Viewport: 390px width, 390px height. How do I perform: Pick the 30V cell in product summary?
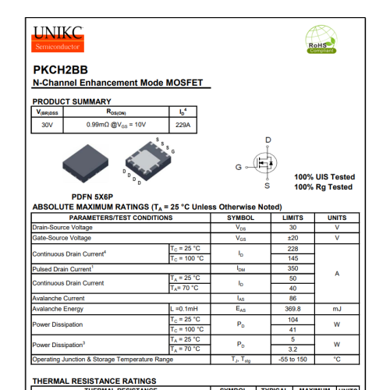coord(48,124)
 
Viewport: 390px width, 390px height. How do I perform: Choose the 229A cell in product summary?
coord(183,124)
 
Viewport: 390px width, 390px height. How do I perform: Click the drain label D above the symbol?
coord(268,140)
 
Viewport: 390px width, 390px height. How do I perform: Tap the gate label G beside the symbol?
coord(239,167)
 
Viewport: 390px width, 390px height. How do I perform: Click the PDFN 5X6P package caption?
coord(93,197)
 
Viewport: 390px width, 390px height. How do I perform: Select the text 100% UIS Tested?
coord(324,177)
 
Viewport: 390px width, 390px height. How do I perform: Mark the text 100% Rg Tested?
coord(323,187)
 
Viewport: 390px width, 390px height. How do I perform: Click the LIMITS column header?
coord(292,218)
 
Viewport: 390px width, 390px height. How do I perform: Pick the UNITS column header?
coord(337,218)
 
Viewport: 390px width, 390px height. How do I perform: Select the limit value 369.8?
coord(292,309)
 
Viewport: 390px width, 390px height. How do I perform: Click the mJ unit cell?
coord(337,309)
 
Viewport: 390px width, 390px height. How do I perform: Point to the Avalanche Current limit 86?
coord(292,299)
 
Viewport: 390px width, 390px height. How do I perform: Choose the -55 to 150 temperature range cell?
coord(292,360)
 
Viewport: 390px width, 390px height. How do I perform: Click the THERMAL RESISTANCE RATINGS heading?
coord(94,381)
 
